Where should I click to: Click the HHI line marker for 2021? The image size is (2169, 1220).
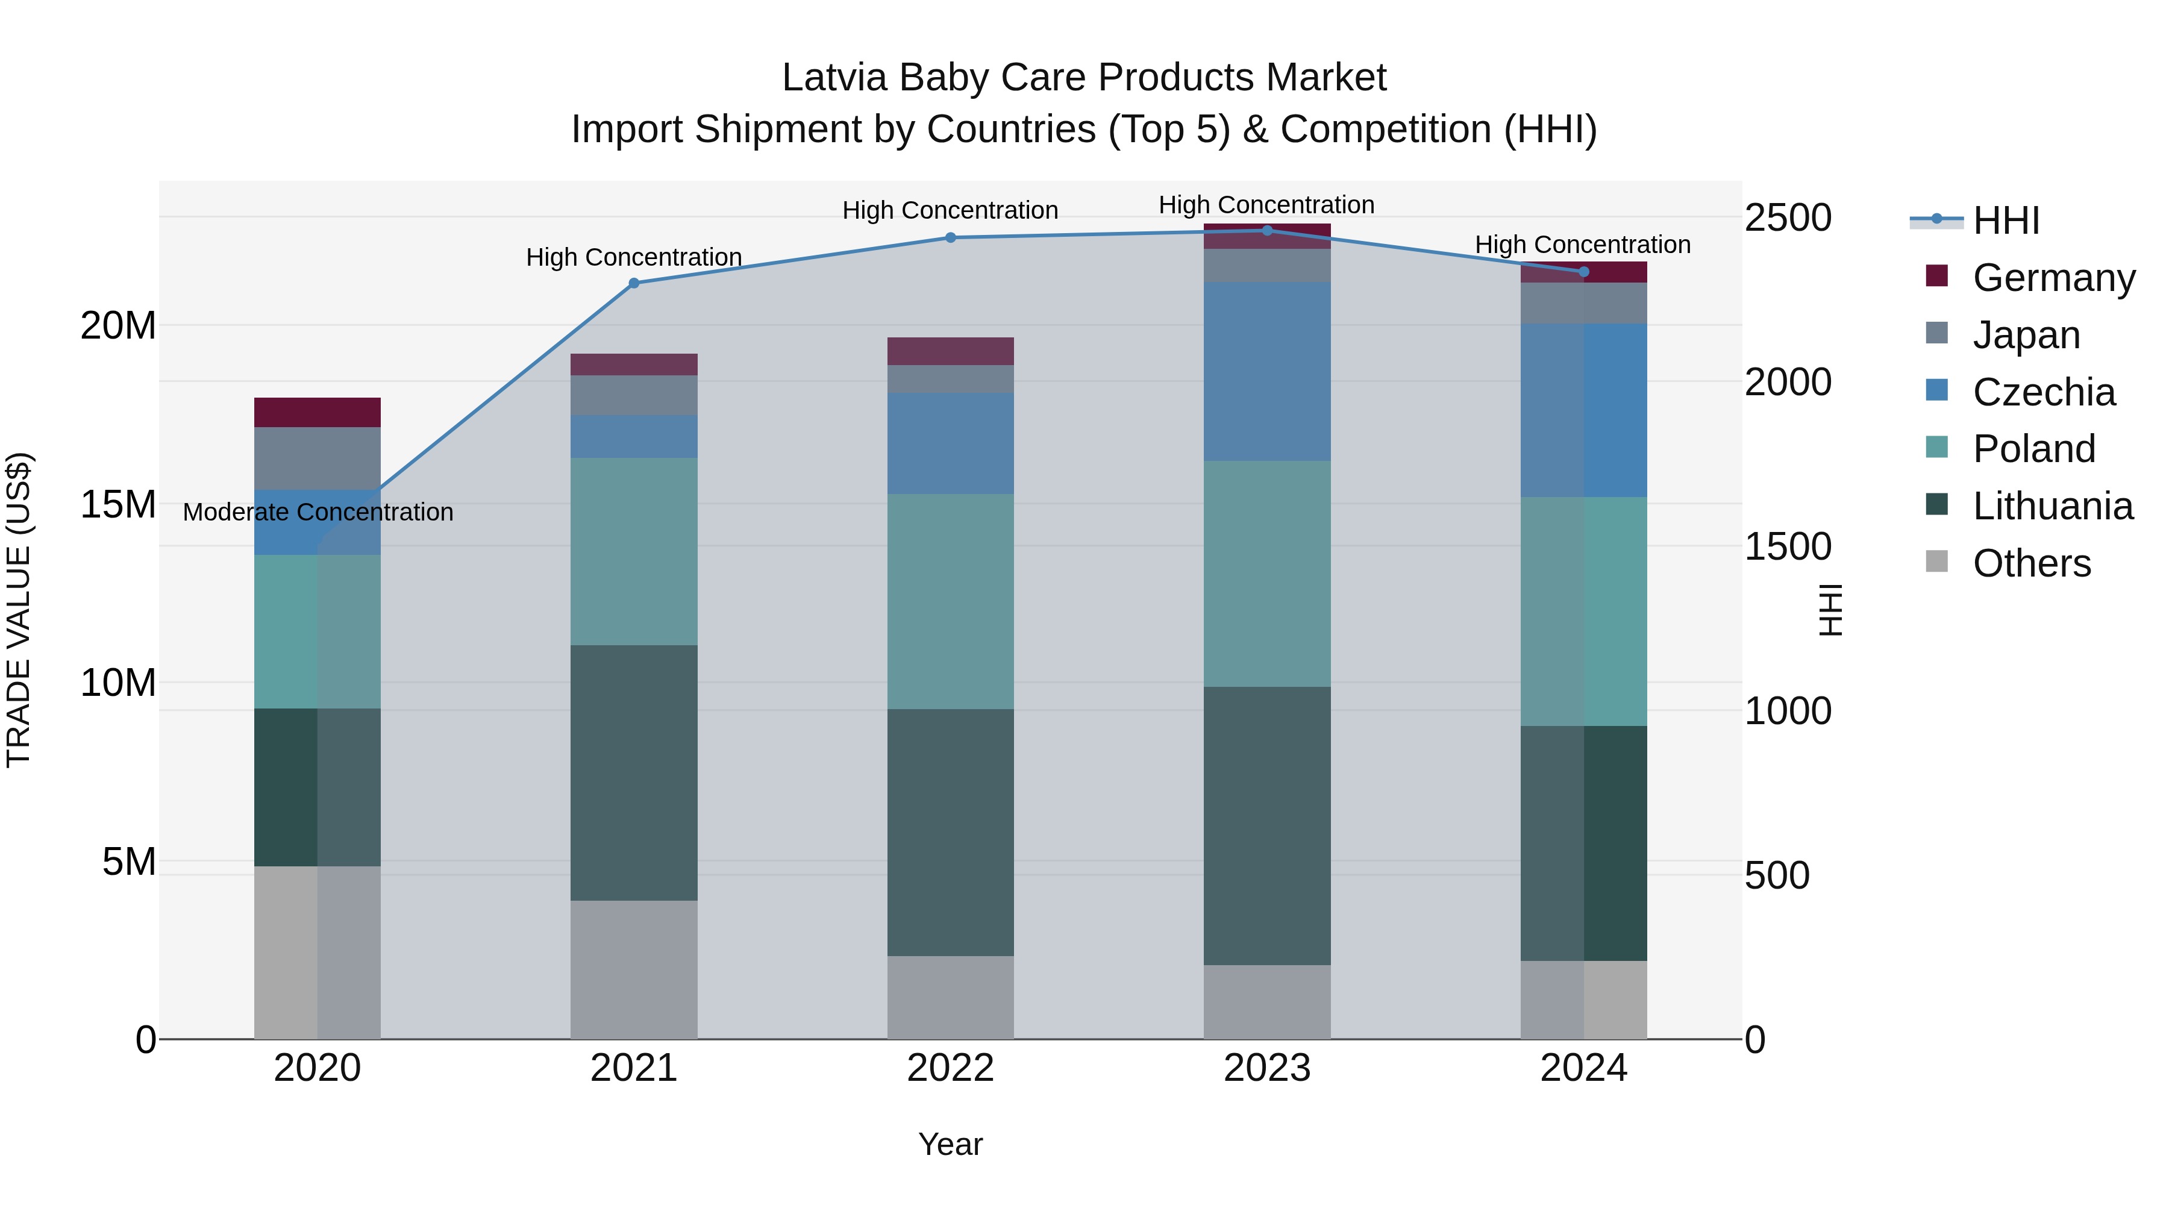click(634, 283)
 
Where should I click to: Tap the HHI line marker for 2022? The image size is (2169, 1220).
click(951, 237)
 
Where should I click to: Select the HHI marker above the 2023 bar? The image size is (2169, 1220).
click(1267, 231)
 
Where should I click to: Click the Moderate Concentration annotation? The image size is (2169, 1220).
click(318, 512)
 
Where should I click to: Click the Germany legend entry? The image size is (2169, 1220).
click(2053, 278)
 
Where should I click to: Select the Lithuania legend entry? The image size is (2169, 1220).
click(2052, 506)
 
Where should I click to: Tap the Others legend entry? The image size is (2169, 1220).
click(2031, 563)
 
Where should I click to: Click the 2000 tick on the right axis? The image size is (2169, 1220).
click(1788, 382)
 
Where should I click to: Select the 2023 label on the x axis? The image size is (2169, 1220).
click(1266, 1068)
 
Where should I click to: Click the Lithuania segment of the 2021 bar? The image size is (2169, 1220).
click(634, 773)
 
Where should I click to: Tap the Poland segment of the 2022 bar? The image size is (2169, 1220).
click(951, 601)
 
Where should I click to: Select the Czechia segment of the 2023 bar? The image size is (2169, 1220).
click(1267, 371)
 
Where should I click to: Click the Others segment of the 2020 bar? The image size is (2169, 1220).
click(318, 953)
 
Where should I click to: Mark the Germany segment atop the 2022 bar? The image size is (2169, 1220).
click(951, 351)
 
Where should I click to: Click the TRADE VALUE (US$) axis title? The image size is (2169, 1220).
click(19, 610)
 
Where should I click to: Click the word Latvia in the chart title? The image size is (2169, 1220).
click(834, 78)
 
